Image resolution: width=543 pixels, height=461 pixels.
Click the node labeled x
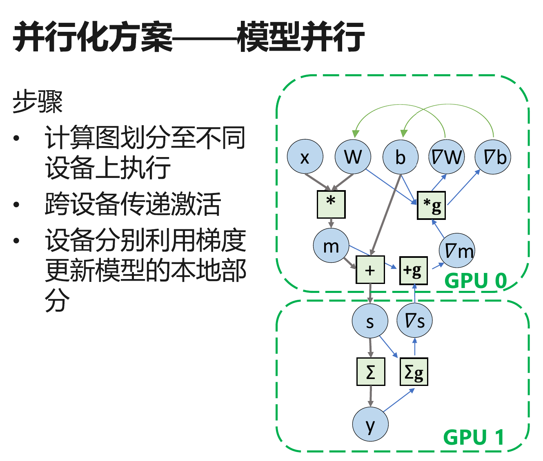(305, 157)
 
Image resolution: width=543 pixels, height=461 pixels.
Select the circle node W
(353, 157)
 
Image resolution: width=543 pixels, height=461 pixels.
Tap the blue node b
(401, 157)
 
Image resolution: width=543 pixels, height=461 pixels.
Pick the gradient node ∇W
(447, 157)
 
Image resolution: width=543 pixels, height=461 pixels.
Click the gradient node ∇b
(493, 157)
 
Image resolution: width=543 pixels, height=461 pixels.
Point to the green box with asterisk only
(331, 204)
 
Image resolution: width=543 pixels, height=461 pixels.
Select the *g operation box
(431, 205)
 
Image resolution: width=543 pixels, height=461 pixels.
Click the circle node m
(331, 246)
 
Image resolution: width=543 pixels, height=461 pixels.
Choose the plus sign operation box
(370, 270)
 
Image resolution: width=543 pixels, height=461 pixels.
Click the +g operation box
(413, 270)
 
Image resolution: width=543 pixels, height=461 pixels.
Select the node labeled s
(370, 321)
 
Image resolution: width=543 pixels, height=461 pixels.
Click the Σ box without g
(371, 372)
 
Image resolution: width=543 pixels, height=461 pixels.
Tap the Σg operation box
(414, 372)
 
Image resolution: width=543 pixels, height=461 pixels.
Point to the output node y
(370, 424)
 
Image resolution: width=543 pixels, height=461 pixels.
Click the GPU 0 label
(475, 281)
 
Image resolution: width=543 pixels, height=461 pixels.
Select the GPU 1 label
(474, 437)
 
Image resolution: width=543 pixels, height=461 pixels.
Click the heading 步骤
(38, 102)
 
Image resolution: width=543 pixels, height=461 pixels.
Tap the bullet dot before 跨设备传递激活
(16, 204)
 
